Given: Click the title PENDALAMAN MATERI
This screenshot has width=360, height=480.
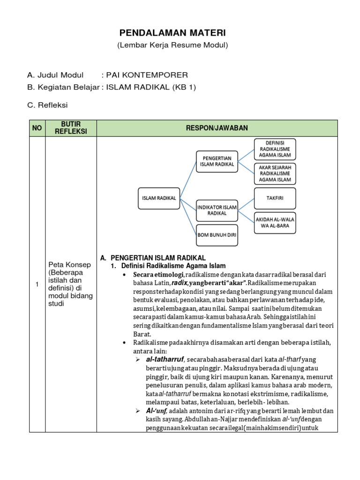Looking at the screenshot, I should coord(172,33).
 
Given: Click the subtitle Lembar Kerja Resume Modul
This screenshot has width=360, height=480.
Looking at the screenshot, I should coord(172,45).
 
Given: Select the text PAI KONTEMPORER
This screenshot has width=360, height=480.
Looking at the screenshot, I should coord(147,75).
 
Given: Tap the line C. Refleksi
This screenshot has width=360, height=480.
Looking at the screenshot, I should coord(47,105).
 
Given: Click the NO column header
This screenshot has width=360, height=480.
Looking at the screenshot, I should coord(37,128).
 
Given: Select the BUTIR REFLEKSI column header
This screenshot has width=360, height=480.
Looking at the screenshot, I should coord(71,128).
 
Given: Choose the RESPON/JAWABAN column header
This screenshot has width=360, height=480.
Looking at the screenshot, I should coord(217,128).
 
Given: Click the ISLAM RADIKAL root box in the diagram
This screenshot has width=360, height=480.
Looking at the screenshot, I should coord(159,198).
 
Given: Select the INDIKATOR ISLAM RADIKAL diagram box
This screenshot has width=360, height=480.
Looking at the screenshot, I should coord(217,210).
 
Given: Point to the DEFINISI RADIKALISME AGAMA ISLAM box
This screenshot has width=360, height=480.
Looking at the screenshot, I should coord(275,149).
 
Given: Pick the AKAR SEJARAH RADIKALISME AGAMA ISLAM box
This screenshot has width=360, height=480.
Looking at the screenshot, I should coord(275,173).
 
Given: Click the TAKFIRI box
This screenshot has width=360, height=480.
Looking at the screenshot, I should coord(275,197).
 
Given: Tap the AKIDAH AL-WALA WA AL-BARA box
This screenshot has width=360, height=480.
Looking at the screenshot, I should coord(275,222).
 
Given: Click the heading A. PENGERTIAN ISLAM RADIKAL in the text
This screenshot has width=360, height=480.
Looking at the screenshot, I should coord(153,258).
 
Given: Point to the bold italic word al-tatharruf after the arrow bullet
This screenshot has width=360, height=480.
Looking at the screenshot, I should coord(165,360).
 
